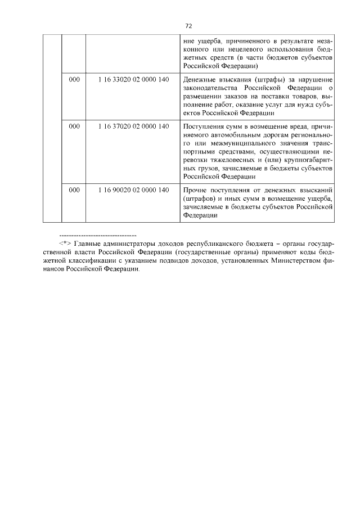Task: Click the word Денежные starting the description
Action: (x=200, y=80)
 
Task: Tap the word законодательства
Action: (x=210, y=88)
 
